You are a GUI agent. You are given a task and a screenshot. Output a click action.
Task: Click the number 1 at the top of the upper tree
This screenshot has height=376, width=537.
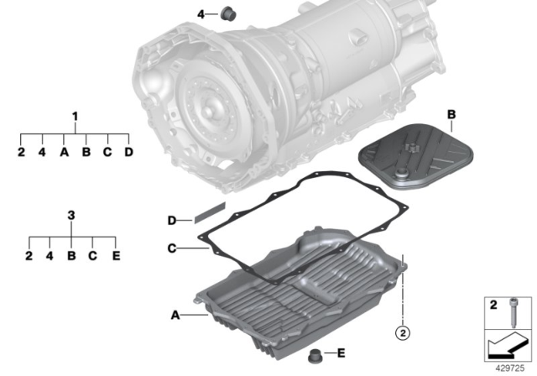[x=75, y=115]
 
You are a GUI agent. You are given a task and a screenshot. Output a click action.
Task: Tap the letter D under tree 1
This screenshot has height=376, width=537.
[x=128, y=152]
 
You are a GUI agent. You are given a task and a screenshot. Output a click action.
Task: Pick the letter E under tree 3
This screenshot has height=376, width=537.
[x=116, y=254]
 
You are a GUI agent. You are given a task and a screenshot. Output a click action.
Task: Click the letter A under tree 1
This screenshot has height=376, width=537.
[x=63, y=152]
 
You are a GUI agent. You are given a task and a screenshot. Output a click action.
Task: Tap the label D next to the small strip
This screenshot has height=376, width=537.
[x=171, y=221]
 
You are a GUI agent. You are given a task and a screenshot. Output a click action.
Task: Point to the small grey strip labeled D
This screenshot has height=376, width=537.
[x=211, y=216]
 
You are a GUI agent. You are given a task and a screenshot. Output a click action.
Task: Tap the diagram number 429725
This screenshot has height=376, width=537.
[x=509, y=366]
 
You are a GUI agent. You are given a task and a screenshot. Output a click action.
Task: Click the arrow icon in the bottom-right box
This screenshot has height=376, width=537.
[x=508, y=344]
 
